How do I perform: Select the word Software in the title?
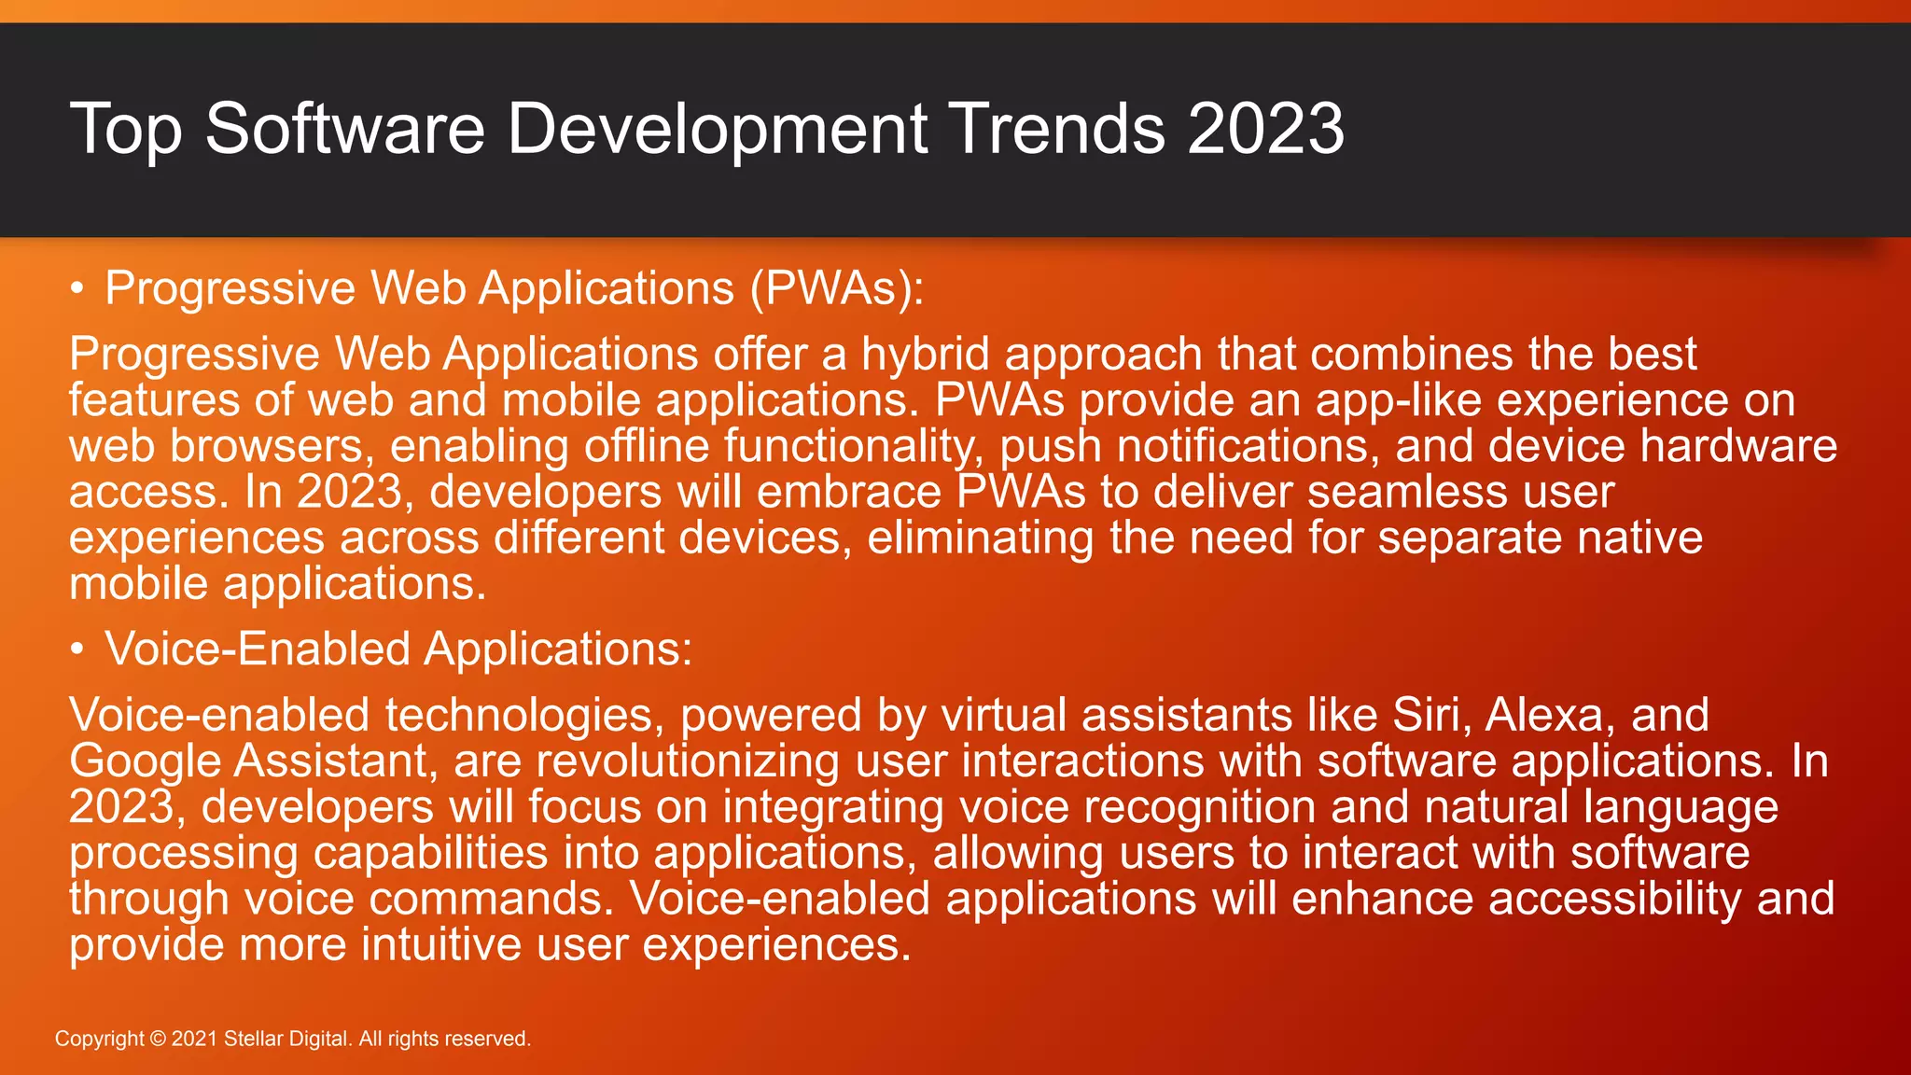pyautogui.click(x=345, y=128)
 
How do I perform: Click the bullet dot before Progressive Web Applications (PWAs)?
pyautogui.click(x=78, y=289)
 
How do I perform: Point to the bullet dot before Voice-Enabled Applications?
pyautogui.click(x=78, y=649)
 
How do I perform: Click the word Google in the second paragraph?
pyautogui.click(x=145, y=761)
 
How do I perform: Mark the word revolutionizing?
pyautogui.click(x=687, y=761)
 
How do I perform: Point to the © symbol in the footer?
pyautogui.click(x=158, y=1039)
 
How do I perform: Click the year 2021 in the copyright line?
pyautogui.click(x=194, y=1039)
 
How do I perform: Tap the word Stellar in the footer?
pyautogui.click(x=253, y=1039)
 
